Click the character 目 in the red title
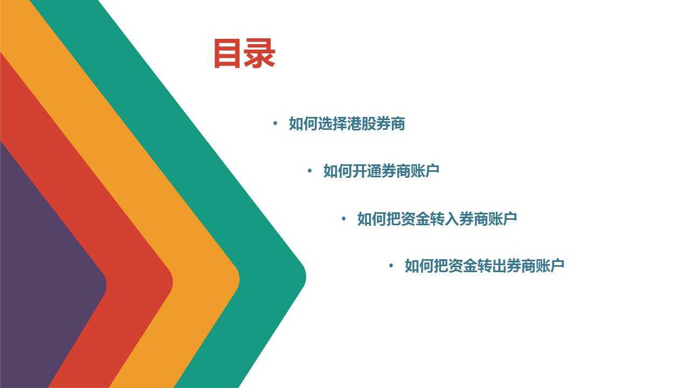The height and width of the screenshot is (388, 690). point(227,53)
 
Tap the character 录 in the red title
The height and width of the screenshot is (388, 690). point(259,53)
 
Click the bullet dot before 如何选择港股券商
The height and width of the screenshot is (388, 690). point(275,124)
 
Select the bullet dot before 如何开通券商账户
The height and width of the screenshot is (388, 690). point(309,171)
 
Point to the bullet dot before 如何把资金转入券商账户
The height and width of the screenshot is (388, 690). point(343,219)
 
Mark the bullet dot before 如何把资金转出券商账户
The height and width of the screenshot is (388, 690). point(391,266)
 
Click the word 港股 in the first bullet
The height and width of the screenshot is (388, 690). point(361,124)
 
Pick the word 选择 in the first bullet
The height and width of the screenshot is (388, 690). point(333,124)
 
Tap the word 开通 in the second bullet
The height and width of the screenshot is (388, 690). point(367,171)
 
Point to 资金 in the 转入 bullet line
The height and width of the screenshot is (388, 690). point(415,219)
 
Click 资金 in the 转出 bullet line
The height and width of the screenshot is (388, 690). point(463,266)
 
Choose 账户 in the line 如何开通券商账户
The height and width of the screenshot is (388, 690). point(425,171)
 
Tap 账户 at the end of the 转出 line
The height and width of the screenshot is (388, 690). point(550,266)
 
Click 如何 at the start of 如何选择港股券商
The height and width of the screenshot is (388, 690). point(303,124)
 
